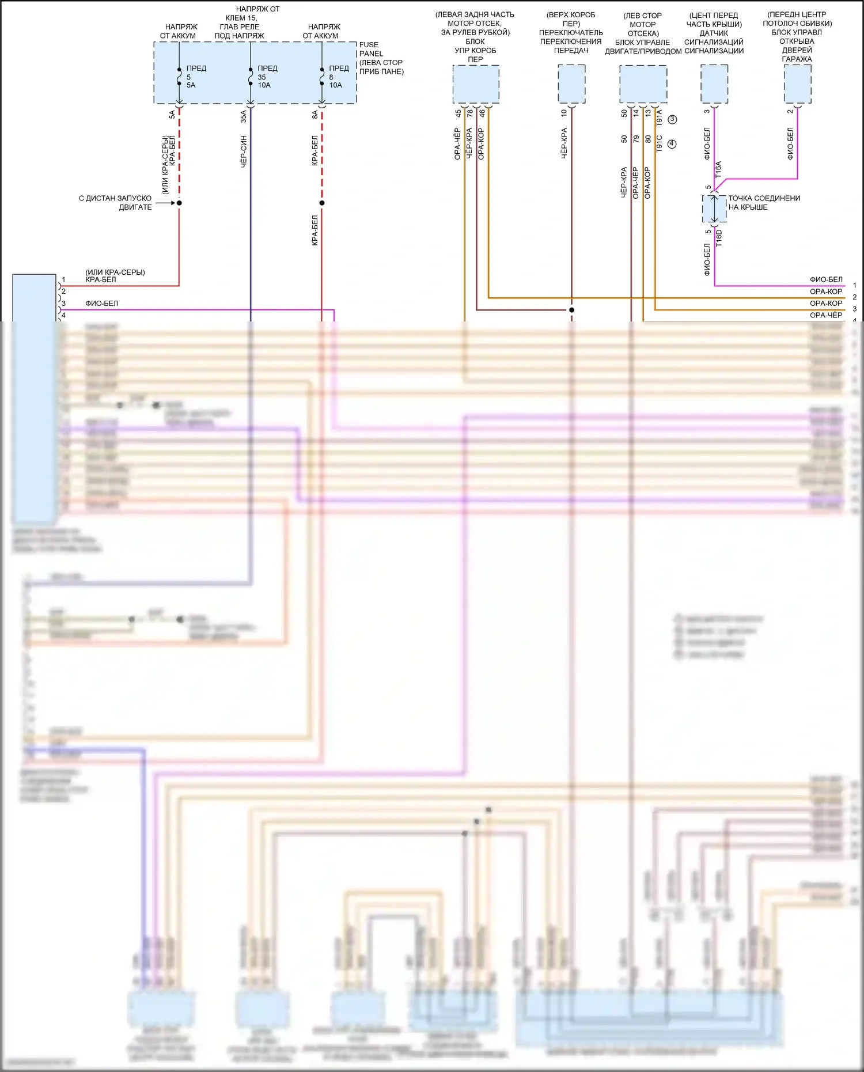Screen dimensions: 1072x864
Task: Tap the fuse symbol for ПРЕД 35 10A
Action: [251, 77]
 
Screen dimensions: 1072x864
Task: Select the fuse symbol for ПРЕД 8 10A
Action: [322, 77]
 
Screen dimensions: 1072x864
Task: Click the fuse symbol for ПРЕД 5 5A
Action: [179, 77]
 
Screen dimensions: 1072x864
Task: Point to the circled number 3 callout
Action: [672, 119]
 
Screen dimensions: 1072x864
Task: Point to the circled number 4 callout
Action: [672, 144]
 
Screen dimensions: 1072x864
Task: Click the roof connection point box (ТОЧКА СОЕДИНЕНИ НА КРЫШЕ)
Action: [714, 209]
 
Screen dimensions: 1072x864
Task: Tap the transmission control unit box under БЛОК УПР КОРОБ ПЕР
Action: [476, 84]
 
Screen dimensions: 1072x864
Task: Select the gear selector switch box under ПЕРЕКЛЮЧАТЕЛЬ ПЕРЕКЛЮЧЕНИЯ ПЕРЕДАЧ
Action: [571, 84]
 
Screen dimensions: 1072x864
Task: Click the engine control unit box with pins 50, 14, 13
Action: [643, 84]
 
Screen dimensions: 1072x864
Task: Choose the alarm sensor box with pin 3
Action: [714, 84]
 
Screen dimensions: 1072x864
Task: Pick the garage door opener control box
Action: [797, 84]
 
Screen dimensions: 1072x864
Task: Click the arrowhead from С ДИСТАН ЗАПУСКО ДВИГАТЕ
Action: [172, 203]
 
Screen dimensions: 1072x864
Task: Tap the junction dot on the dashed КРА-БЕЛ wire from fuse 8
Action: [322, 203]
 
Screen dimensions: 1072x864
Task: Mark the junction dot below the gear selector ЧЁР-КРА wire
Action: [572, 310]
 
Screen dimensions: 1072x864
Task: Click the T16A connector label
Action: [718, 169]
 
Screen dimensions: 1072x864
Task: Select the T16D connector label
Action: [718, 237]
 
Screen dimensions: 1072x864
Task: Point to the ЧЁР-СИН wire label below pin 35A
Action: [244, 151]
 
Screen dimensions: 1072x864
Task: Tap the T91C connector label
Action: [660, 143]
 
